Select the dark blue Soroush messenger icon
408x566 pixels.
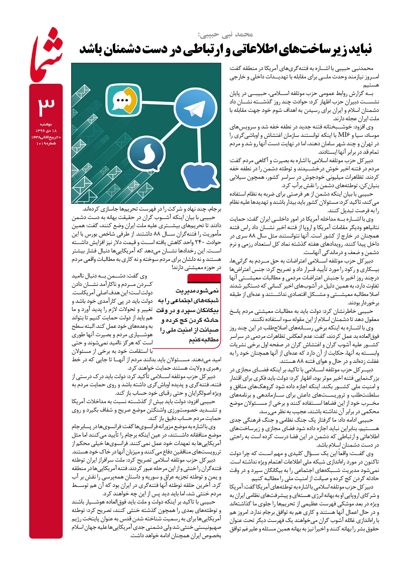[146, 154]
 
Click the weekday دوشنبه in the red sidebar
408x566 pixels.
[46, 124]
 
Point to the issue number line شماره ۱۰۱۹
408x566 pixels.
[46, 143]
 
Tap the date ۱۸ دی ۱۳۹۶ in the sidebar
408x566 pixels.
[46, 131]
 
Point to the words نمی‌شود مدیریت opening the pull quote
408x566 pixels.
[197, 291]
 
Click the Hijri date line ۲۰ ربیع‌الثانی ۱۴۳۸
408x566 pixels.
[46, 137]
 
